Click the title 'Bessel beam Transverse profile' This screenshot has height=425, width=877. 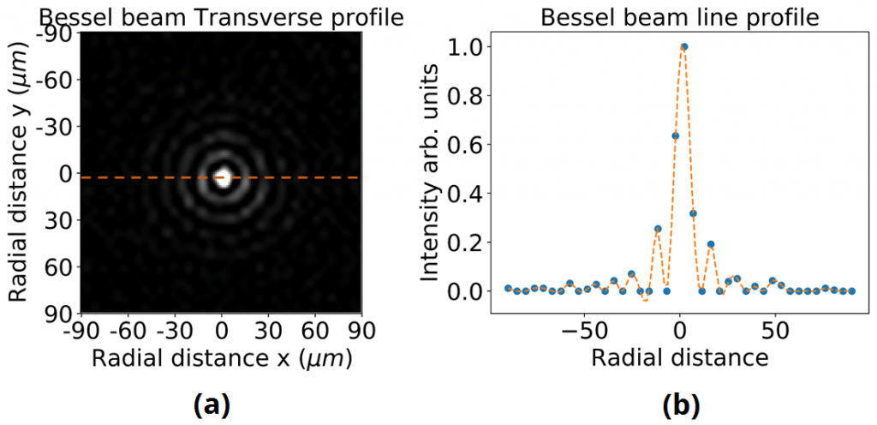(x=221, y=15)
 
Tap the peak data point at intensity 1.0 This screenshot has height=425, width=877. (x=683, y=47)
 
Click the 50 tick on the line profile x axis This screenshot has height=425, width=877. (x=774, y=330)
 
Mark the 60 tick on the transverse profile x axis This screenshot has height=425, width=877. (x=315, y=330)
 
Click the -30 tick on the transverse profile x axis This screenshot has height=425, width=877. (x=174, y=330)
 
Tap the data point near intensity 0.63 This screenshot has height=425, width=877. (x=675, y=135)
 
